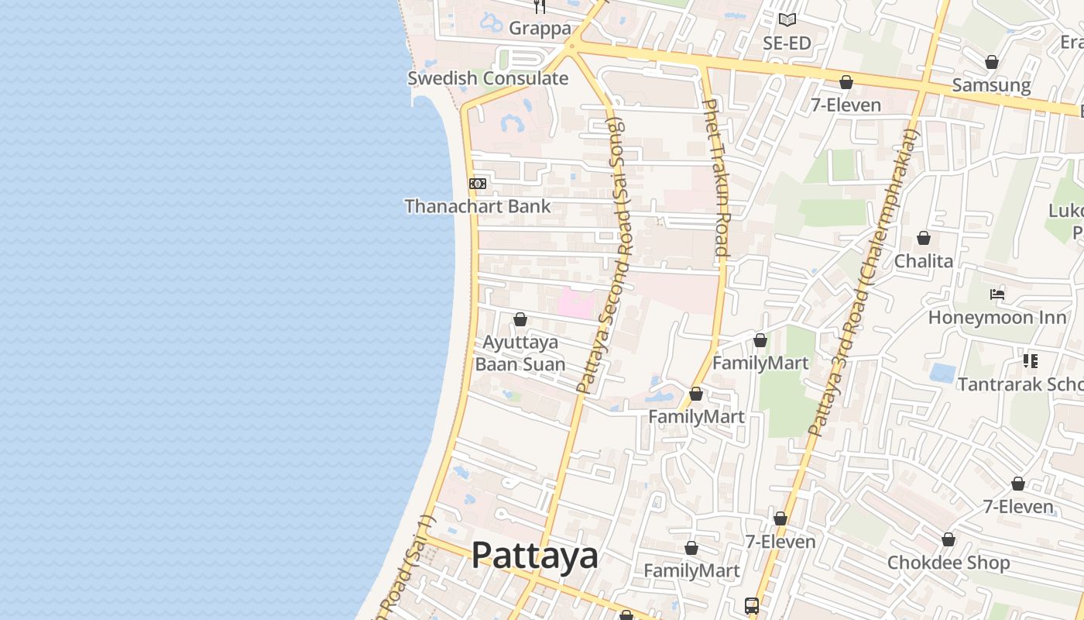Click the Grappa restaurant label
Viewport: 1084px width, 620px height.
(x=540, y=29)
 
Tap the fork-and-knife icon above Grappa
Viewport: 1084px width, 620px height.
(x=540, y=6)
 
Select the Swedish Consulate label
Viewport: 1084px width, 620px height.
(x=488, y=78)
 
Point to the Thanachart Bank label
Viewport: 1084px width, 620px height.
(x=478, y=206)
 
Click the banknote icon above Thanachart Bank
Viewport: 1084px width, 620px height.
(x=478, y=184)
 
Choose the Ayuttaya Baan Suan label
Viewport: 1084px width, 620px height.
(x=520, y=353)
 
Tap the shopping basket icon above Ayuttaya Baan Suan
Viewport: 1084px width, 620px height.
(x=520, y=319)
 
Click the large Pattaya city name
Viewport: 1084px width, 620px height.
(x=535, y=555)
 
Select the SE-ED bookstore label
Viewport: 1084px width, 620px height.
(x=787, y=43)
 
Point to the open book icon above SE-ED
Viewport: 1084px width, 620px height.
(x=787, y=19)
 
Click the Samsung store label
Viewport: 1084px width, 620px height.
(x=991, y=84)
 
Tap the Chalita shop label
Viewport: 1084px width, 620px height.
(x=924, y=260)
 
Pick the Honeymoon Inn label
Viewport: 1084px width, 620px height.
(x=992, y=317)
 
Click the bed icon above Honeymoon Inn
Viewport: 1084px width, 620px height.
(x=997, y=294)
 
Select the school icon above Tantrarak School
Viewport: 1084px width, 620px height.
(x=1030, y=360)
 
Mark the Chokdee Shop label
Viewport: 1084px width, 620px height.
(x=948, y=563)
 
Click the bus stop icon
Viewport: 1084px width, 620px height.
(x=752, y=605)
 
